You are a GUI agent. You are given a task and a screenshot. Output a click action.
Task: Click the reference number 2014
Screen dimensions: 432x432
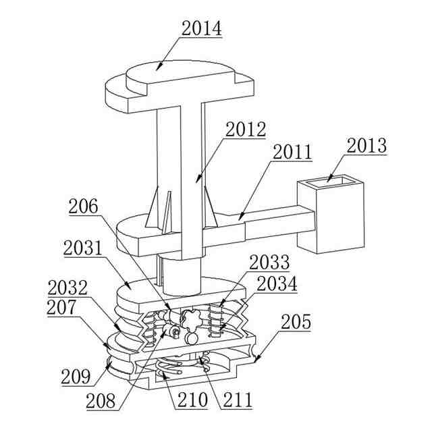pyautogui.click(x=201, y=28)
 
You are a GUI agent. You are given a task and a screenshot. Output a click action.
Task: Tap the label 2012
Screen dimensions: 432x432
pyautogui.click(x=246, y=129)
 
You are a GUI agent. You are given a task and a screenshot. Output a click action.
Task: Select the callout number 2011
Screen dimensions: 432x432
pyautogui.click(x=293, y=152)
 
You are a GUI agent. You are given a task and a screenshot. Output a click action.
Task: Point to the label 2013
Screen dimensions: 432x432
pyautogui.click(x=367, y=146)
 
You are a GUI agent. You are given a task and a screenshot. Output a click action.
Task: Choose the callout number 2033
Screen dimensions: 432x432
pyautogui.click(x=269, y=263)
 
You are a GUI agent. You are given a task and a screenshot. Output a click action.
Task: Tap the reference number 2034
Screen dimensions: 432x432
pyautogui.click(x=277, y=283)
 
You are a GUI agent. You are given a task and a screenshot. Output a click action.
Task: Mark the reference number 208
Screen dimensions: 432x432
pyautogui.click(x=105, y=400)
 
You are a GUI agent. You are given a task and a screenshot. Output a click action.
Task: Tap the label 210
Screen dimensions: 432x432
pyautogui.click(x=192, y=400)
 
